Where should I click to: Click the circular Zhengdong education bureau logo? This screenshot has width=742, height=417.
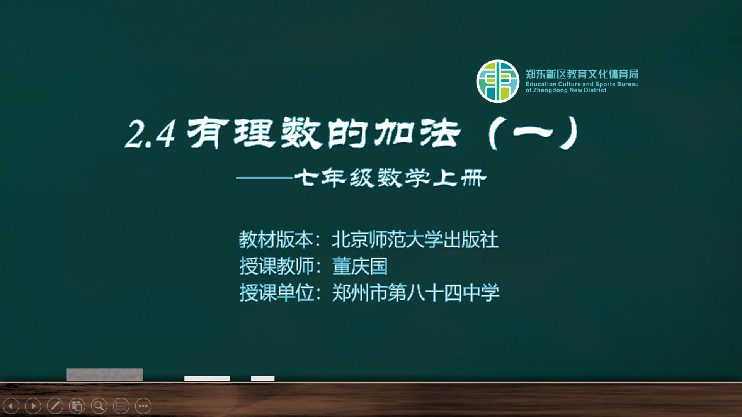pos(498,81)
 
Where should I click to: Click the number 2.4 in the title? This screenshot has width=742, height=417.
pos(150,134)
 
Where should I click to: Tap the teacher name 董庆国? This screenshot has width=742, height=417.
pos(360,266)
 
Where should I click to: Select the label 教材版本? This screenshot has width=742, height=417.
pos(276,239)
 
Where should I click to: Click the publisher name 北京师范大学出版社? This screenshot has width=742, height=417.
pos(415,239)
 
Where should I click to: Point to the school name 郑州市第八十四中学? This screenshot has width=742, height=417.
pos(416,293)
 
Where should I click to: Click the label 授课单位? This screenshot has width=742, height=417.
pos(276,293)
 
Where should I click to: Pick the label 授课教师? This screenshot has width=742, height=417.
pos(276,266)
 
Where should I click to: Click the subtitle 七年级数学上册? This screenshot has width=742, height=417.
pos(390,178)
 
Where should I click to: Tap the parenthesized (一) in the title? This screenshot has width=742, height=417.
pos(533,133)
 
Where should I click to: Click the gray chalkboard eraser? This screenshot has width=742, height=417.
pos(105,375)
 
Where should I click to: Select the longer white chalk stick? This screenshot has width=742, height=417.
pos(207,378)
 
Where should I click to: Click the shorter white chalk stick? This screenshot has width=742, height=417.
pos(263,378)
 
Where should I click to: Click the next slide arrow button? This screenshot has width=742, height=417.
pos(33,406)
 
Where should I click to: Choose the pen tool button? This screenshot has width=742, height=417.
pos(55,406)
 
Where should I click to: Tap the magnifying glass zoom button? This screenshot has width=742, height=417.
pos(99,406)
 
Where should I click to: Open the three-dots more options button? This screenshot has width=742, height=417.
pos(143,406)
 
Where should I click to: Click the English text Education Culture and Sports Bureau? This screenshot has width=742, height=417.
pos(582,84)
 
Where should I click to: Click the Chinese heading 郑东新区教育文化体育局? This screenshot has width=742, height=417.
pos(582,74)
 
